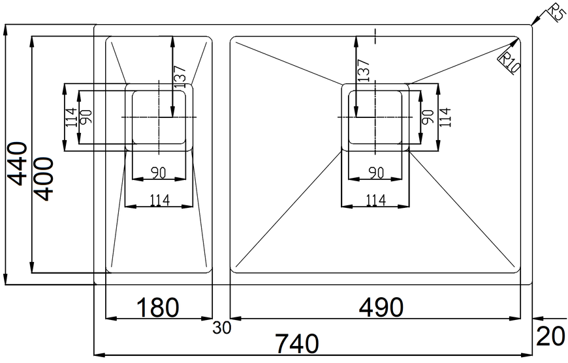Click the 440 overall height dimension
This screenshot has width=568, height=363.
point(18,164)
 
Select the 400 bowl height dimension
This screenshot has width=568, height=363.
point(44,179)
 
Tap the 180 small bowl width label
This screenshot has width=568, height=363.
point(157,308)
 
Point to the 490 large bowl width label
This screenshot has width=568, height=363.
point(381,308)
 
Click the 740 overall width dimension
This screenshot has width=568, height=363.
point(297,343)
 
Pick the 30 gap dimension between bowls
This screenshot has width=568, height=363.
point(222,328)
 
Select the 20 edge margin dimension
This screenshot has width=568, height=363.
point(550,336)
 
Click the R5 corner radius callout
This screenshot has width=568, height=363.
point(556,12)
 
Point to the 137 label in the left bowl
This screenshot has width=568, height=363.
point(180,77)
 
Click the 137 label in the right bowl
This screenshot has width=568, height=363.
point(364,70)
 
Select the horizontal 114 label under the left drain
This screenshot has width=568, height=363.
point(160,199)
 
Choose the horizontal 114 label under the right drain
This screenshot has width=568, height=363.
point(376,199)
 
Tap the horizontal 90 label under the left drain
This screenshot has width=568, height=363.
point(158,173)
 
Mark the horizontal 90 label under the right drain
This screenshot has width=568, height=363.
point(376,173)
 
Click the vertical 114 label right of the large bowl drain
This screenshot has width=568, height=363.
point(445,117)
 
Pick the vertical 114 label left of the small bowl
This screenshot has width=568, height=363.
point(71,117)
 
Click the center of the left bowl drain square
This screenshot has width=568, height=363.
point(159,117)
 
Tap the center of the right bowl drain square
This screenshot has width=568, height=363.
point(375,117)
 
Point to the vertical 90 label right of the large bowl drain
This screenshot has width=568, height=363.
point(428,117)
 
